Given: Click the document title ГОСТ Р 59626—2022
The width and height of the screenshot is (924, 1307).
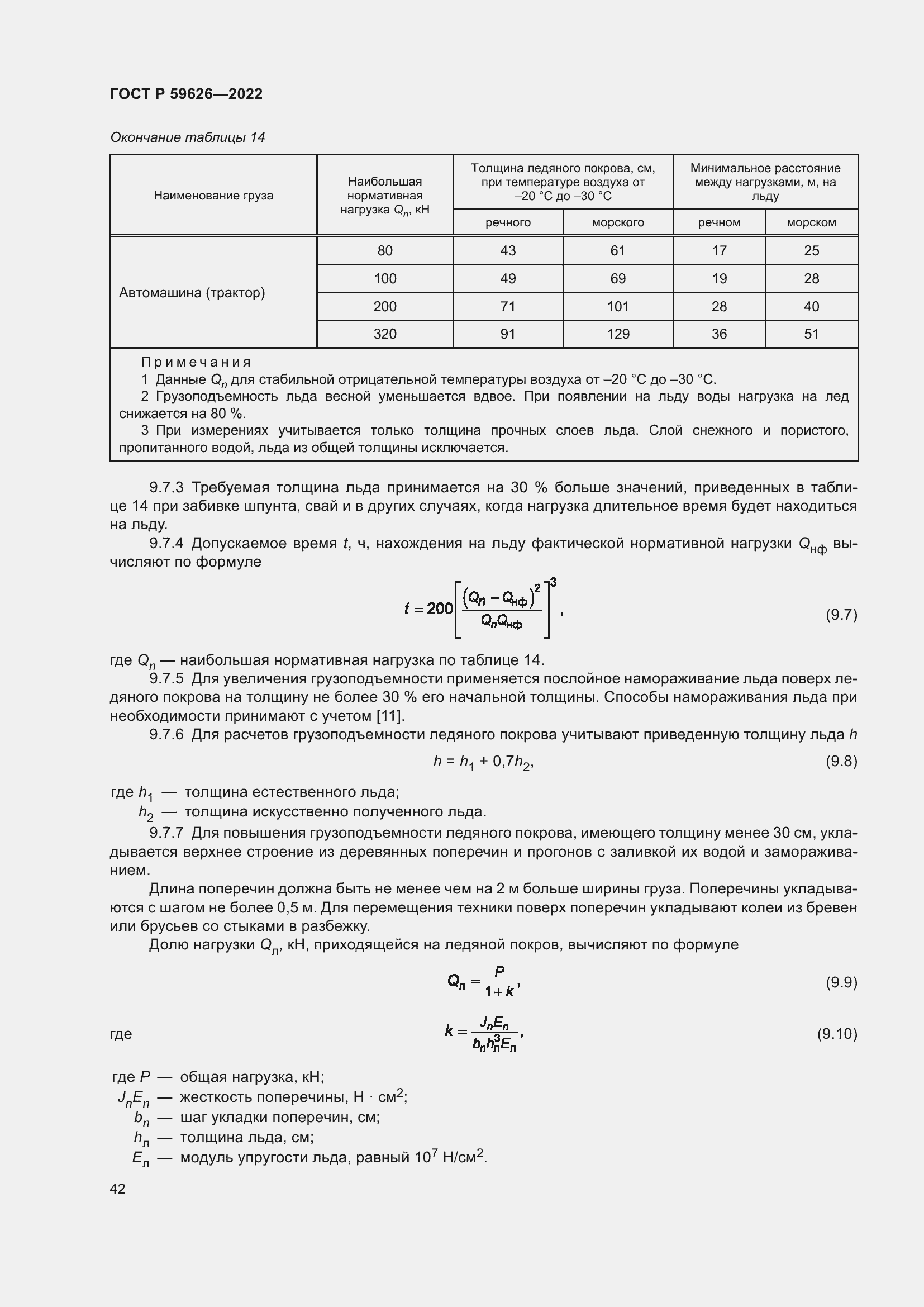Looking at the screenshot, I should [x=186, y=94].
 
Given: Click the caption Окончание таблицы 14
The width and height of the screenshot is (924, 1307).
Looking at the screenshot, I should [x=187, y=137].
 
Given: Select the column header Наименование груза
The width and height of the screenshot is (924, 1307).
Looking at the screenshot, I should [x=213, y=195].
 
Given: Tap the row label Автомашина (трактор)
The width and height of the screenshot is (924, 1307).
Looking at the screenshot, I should [x=192, y=293].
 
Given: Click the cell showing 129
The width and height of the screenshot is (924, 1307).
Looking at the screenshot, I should [x=618, y=334].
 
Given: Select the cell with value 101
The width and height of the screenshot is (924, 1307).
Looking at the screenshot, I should [x=618, y=306].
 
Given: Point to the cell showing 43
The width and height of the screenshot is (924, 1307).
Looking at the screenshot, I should [x=507, y=250].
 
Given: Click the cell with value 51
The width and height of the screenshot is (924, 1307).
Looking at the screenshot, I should [x=811, y=334].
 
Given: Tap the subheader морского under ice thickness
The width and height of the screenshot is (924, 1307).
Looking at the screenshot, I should [x=618, y=222].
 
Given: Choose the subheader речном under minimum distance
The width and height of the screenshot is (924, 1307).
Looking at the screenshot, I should [x=719, y=222].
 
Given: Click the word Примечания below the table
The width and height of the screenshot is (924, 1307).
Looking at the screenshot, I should [x=196, y=362].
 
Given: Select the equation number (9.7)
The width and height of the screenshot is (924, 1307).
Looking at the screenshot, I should [x=841, y=615].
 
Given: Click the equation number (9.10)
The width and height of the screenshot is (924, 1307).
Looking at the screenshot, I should [x=837, y=1034].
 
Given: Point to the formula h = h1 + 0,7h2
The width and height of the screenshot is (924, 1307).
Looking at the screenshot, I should [x=483, y=762].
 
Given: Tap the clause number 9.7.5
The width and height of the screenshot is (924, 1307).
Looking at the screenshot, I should [x=166, y=678].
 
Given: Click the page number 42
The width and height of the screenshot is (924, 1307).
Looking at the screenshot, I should [x=118, y=1189].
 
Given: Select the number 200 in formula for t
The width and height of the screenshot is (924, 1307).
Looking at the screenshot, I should [x=439, y=609].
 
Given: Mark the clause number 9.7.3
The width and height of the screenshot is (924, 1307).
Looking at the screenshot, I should [x=166, y=488].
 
